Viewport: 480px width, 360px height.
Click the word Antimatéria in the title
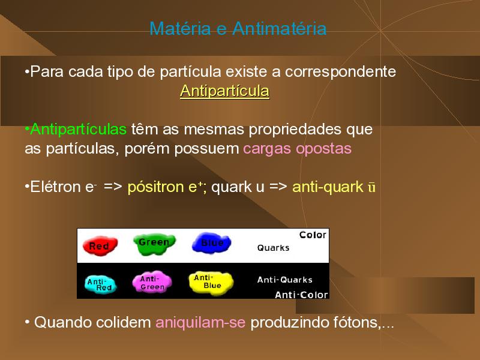click(x=279, y=29)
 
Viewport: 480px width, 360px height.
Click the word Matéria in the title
click(x=180, y=29)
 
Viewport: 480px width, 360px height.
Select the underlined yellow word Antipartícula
click(x=224, y=91)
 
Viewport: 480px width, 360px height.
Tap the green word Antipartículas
click(x=79, y=130)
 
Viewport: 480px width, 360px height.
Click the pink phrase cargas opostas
click(x=297, y=149)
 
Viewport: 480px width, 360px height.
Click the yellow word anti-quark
click(x=328, y=187)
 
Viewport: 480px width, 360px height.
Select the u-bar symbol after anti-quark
click(x=371, y=187)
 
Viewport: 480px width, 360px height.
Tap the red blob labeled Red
click(x=100, y=245)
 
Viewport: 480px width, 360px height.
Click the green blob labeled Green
click(x=154, y=244)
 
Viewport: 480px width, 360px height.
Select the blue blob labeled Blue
click(x=211, y=243)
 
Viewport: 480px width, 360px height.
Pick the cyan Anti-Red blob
click(x=100, y=284)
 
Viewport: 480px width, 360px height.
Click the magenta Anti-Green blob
click(x=152, y=282)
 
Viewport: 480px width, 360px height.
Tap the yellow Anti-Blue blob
click(x=211, y=283)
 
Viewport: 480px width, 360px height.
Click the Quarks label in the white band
click(x=273, y=248)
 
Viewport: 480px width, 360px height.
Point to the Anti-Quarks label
click(x=284, y=280)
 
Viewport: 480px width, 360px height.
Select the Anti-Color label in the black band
click(x=301, y=295)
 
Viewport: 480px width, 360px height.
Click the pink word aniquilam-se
click(x=200, y=322)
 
